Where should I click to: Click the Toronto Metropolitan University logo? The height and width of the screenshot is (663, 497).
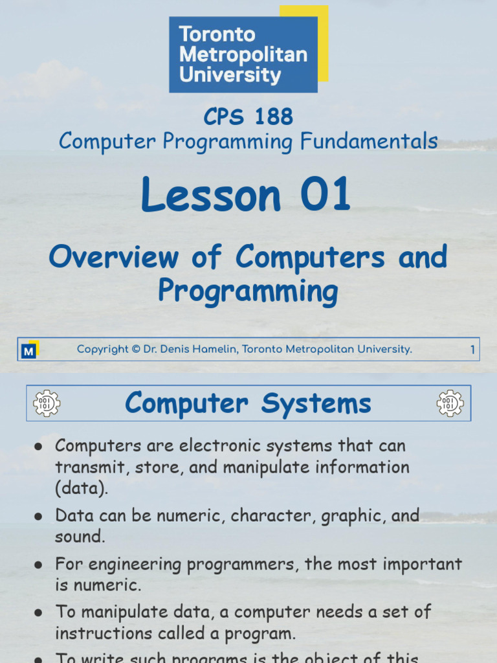[x=243, y=54]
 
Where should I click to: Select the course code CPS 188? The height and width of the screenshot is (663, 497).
[x=248, y=117]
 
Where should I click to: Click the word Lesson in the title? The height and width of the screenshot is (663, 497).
[x=212, y=195]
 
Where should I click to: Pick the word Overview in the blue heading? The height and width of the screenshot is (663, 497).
[x=113, y=257]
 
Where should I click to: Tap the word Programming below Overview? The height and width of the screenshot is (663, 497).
[x=248, y=291]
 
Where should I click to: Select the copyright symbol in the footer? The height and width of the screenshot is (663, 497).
[x=136, y=350]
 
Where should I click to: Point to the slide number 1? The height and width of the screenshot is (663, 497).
[x=472, y=350]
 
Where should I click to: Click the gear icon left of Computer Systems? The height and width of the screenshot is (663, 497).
[x=47, y=403]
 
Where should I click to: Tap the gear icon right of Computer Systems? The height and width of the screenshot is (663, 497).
[x=450, y=403]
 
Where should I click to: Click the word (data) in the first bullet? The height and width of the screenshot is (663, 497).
[x=81, y=488]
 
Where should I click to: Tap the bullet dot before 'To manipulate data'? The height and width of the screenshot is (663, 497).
[x=38, y=612]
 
